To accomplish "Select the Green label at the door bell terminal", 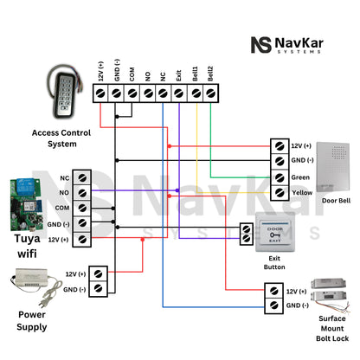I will [301, 177].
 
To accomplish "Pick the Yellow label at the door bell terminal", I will [302, 192].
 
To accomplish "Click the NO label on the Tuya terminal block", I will [64, 191].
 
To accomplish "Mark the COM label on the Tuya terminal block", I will [62, 207].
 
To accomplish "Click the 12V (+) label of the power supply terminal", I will [76, 273].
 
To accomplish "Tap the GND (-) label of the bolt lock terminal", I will [298, 305].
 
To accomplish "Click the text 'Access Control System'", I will [61, 138].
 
